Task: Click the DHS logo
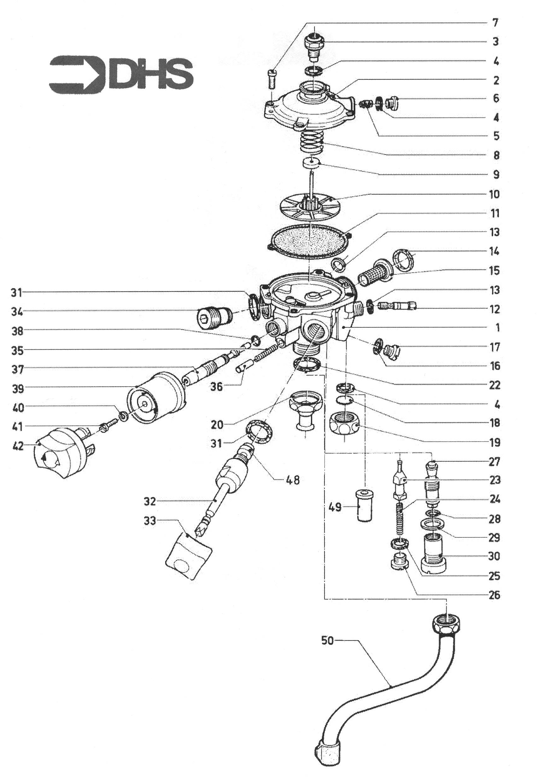tap(121, 75)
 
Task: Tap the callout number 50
tap(328, 641)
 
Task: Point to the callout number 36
tap(216, 386)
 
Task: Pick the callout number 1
tap(497, 328)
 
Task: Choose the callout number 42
tap(18, 446)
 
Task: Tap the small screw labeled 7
tap(272, 79)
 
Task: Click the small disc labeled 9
tap(311, 163)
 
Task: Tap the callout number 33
tap(150, 521)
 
